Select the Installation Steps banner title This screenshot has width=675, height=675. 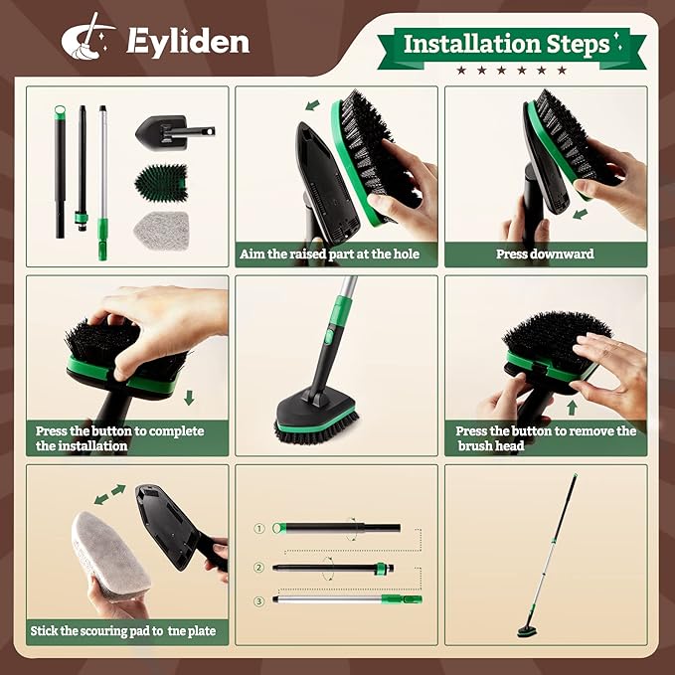point(506,44)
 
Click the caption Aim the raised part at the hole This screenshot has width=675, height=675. point(330,253)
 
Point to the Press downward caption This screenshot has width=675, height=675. point(545,253)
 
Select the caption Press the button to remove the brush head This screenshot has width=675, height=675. point(545,438)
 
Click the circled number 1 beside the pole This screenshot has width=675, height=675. point(260,528)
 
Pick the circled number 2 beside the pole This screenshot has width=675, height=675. point(260,568)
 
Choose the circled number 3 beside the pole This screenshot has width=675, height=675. point(260,599)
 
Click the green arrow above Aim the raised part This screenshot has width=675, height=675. point(314,103)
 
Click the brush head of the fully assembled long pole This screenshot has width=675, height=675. point(527,629)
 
